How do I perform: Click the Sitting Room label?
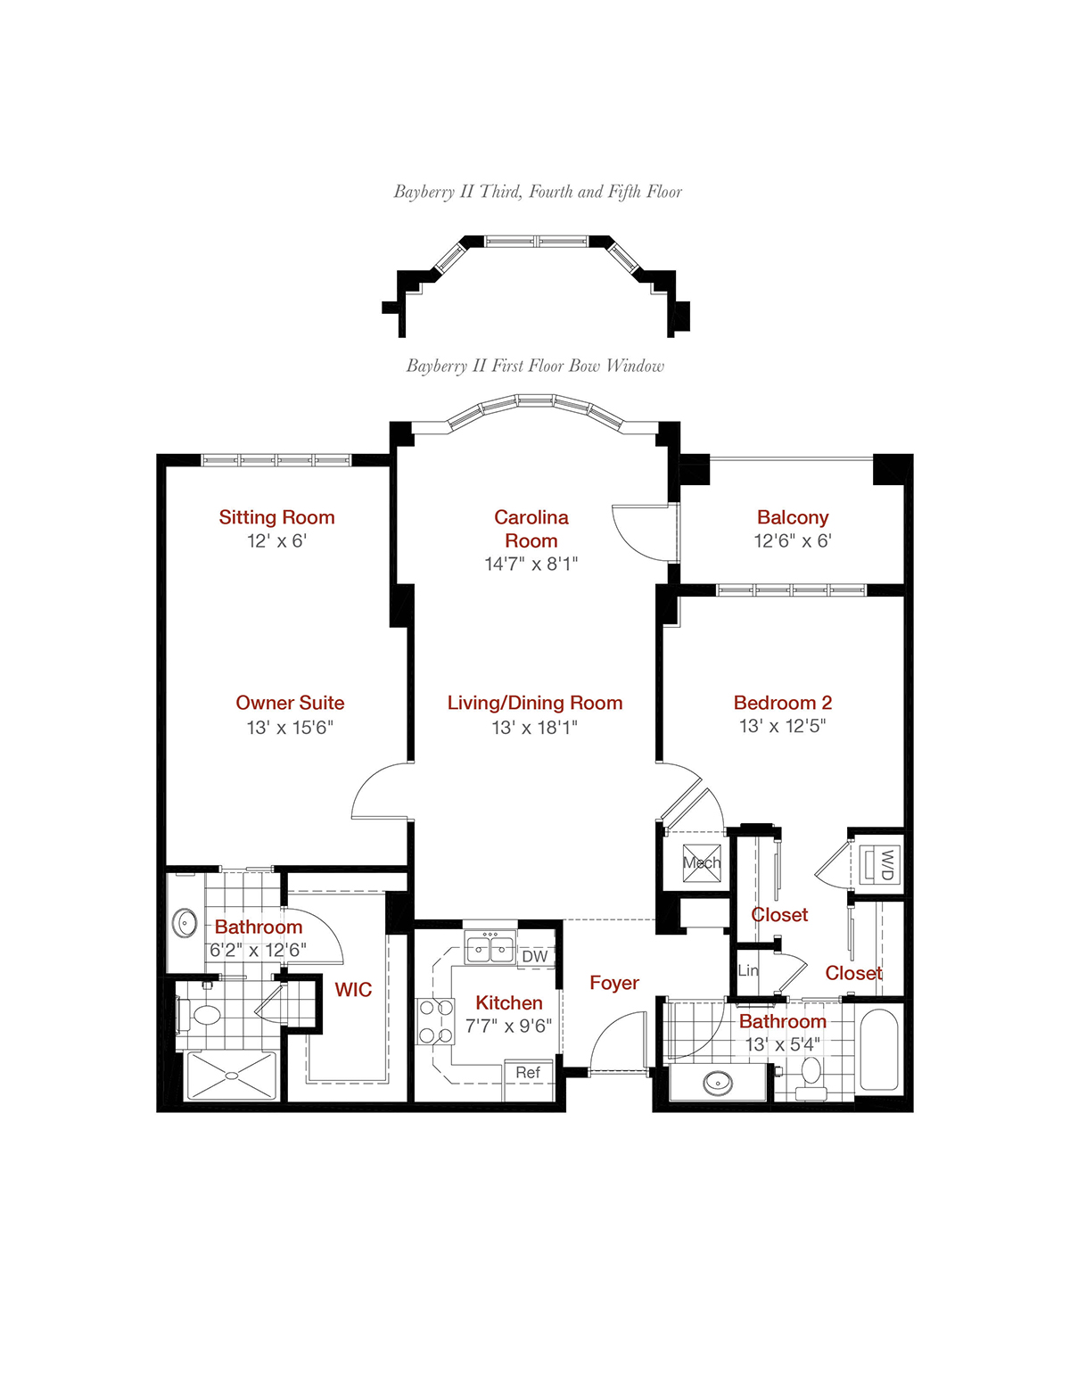click(x=276, y=517)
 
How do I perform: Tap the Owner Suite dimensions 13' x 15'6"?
click(x=290, y=727)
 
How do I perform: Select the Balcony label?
click(x=793, y=517)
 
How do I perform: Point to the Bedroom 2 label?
click(x=783, y=703)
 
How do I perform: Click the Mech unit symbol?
click(x=702, y=863)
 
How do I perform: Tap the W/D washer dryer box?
click(x=879, y=865)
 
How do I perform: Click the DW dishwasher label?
click(x=535, y=956)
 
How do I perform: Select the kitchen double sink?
click(x=490, y=946)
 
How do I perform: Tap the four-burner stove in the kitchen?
click(x=435, y=1021)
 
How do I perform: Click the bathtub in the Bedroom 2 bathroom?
click(x=879, y=1049)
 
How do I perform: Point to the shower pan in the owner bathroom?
click(x=232, y=1076)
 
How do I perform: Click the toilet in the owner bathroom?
click(x=200, y=1015)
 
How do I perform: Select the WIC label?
click(x=353, y=989)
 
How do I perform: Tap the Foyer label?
click(x=614, y=983)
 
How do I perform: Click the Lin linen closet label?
click(x=748, y=970)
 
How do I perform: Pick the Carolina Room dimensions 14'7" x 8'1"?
click(x=531, y=564)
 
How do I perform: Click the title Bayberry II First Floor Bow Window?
click(x=535, y=366)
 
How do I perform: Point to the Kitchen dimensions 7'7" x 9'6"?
click(x=508, y=1026)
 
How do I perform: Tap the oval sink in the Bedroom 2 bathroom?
click(x=718, y=1082)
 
